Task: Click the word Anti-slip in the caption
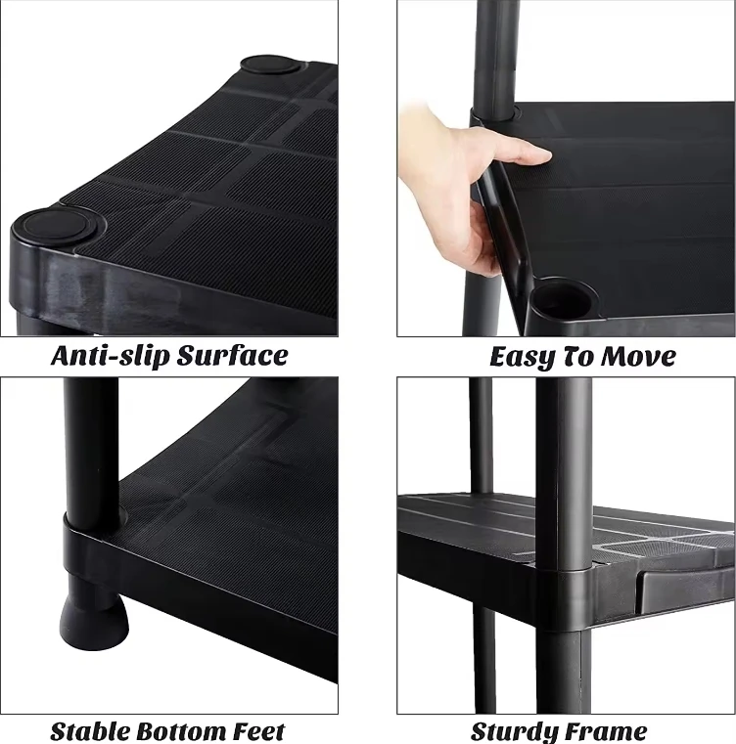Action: [x=110, y=356]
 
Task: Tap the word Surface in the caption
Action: [x=231, y=356]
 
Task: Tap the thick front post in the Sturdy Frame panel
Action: [x=563, y=460]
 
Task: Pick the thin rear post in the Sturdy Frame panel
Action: [x=481, y=430]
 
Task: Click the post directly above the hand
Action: [x=495, y=49]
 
